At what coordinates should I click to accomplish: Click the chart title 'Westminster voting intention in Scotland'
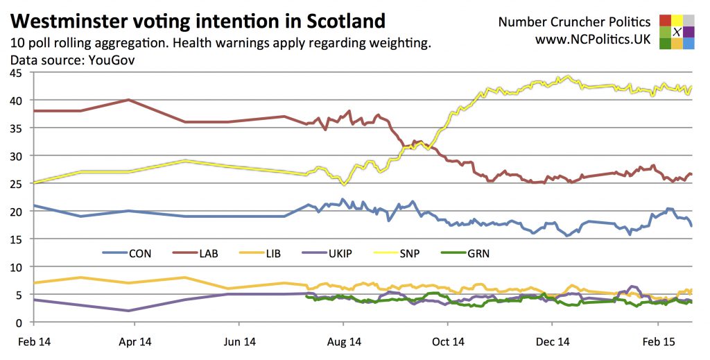198,20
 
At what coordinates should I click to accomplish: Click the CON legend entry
139,254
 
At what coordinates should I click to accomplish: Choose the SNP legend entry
409,254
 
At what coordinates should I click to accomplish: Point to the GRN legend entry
478,254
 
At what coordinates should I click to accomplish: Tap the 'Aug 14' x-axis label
344,341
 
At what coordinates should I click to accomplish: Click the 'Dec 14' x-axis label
553,341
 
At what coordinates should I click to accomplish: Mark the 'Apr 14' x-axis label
135,341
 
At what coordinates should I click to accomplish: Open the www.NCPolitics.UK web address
592,40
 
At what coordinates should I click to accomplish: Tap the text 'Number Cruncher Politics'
574,22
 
